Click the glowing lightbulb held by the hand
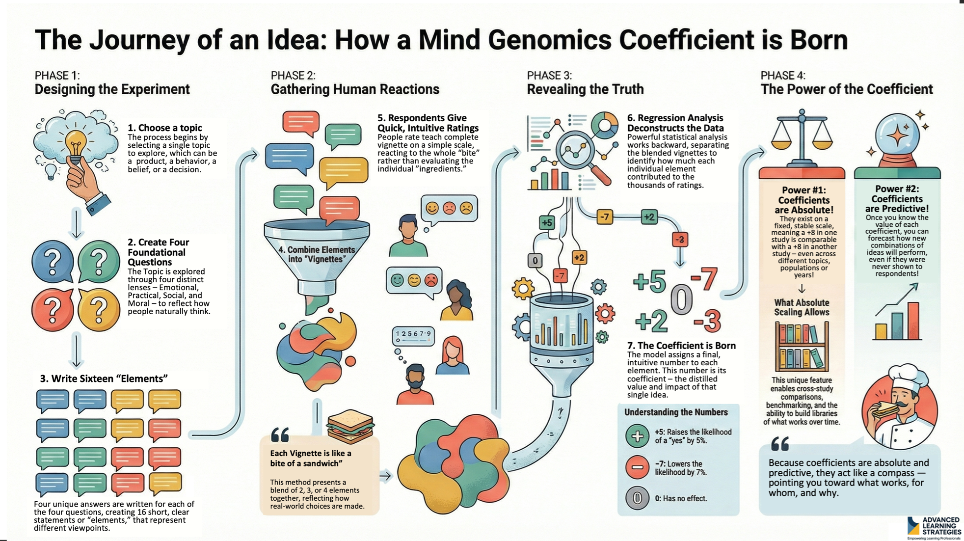[x=76, y=142]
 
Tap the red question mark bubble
[x=53, y=309]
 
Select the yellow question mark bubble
[x=99, y=309]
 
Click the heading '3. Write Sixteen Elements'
[x=104, y=379]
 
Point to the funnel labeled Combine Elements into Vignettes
[x=317, y=255]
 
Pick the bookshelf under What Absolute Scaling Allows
[x=802, y=346]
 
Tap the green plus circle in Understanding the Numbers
[x=637, y=436]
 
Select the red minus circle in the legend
[x=637, y=467]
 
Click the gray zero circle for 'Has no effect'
[x=637, y=498]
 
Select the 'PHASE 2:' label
[x=293, y=76]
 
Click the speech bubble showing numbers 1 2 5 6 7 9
[x=413, y=335]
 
